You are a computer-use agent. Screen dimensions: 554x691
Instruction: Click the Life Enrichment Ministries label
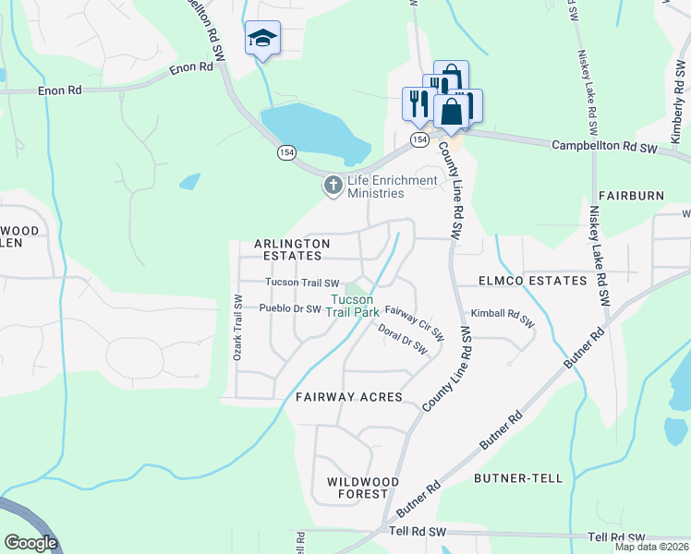tap(392, 187)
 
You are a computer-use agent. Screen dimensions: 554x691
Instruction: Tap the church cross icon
tap(333, 187)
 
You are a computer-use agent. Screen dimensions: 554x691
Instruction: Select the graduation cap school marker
tap(261, 39)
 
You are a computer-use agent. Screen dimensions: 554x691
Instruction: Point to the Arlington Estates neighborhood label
tap(292, 249)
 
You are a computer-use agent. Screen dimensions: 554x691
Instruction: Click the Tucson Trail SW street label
tap(302, 283)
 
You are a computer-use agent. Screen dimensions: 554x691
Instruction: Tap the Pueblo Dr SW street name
tap(290, 308)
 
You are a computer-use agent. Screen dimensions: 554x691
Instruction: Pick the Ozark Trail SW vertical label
tap(237, 328)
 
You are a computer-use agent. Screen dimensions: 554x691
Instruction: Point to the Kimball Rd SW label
tap(503, 318)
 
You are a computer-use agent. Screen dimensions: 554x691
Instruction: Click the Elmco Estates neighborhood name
tap(532, 280)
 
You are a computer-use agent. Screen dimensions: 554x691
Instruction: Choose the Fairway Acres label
tap(349, 397)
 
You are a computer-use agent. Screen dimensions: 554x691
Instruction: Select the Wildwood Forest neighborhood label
tap(363, 488)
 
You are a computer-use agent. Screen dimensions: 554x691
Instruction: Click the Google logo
tap(30, 543)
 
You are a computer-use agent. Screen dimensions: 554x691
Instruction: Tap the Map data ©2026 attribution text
tap(651, 547)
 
